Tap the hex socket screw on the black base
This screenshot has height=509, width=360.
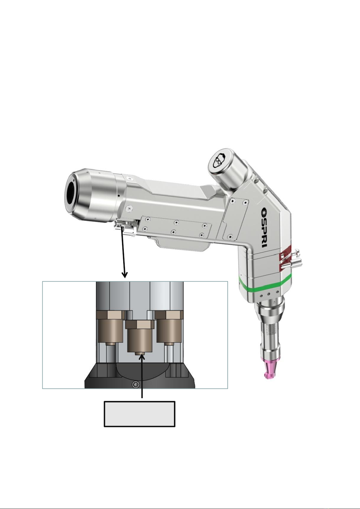[136, 385]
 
